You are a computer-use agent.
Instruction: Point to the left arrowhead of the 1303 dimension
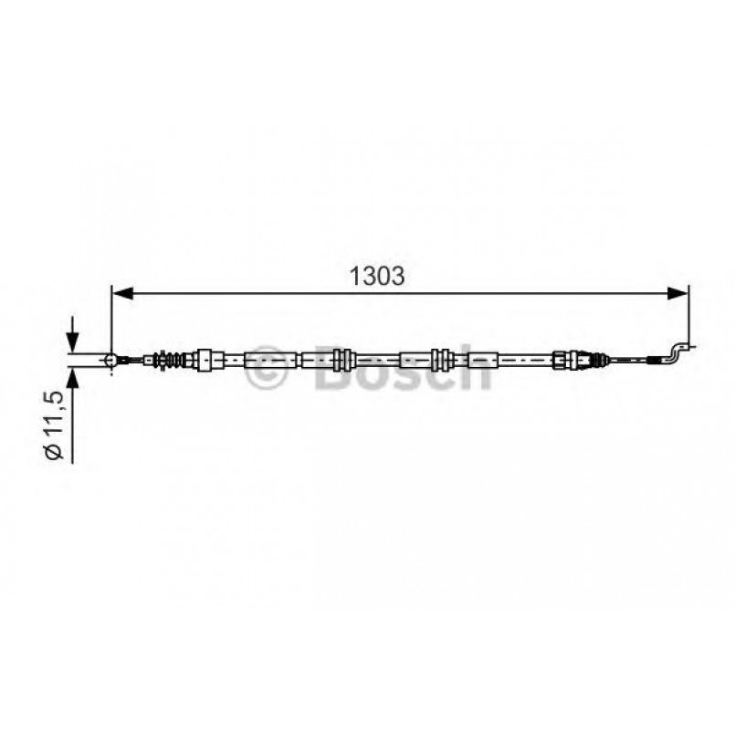(122, 293)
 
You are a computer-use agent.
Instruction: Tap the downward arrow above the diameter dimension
(71, 340)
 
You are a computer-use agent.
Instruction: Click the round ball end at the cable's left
(111, 361)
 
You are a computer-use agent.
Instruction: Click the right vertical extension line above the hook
(688, 315)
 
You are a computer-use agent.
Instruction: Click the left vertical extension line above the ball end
(111, 320)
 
